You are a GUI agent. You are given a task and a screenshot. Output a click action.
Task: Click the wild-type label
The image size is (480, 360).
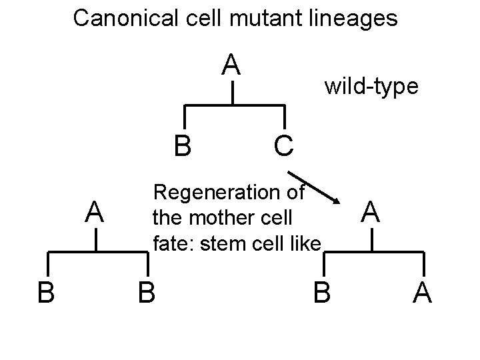pyautogui.click(x=371, y=86)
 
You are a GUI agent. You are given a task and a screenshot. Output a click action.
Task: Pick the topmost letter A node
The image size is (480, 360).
pyautogui.click(x=231, y=65)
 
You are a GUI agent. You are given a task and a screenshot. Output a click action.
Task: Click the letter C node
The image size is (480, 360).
pyautogui.click(x=283, y=145)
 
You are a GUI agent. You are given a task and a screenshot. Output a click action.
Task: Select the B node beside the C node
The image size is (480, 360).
pyautogui.click(x=182, y=145)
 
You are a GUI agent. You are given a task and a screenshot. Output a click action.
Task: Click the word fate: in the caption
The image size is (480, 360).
pyautogui.click(x=171, y=243)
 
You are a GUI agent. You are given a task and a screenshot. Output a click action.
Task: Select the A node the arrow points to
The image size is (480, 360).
pyautogui.click(x=372, y=213)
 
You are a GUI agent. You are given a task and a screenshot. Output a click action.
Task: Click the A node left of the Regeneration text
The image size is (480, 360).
pyautogui.click(x=97, y=213)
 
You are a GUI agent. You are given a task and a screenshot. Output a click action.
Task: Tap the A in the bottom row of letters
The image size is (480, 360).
pyautogui.click(x=422, y=291)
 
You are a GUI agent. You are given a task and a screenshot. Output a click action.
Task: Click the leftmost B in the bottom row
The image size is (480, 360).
pyautogui.click(x=46, y=291)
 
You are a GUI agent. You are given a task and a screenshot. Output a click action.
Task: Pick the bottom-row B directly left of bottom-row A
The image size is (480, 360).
pyautogui.click(x=321, y=291)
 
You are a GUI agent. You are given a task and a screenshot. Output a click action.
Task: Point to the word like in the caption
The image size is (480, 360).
pyautogui.click(x=304, y=243)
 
